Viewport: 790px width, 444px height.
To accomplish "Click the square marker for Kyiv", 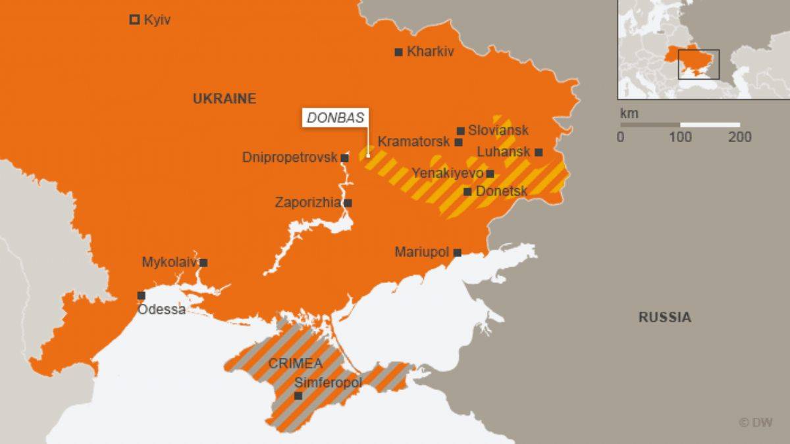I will (x=134, y=20).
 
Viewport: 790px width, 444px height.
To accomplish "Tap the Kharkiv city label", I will (x=431, y=51).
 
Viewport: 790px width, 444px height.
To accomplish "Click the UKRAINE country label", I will (x=224, y=99).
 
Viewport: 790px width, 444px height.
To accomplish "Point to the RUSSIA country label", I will (x=665, y=317).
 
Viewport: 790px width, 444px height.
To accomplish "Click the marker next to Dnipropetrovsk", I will (x=344, y=158).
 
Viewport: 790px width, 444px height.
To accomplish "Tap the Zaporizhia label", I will (x=307, y=203).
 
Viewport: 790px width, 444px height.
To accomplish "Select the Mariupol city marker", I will (x=457, y=252).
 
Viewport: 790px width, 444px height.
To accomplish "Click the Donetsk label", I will (x=501, y=191).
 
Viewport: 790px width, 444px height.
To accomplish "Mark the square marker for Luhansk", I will (x=539, y=152).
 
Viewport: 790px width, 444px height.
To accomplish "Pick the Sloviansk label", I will (x=498, y=130).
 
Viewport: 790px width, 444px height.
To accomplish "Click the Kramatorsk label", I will (x=413, y=141).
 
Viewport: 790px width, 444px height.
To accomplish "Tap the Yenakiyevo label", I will (x=447, y=173).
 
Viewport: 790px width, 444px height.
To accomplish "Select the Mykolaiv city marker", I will (x=203, y=262).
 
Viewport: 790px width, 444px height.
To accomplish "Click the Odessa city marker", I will (x=141, y=295).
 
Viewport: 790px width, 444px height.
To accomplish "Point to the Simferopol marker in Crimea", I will (x=298, y=395).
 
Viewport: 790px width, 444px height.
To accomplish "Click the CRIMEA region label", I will (x=295, y=363).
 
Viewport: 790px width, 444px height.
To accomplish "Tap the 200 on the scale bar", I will (x=739, y=137).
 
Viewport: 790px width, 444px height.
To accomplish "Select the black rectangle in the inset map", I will (x=698, y=64).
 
